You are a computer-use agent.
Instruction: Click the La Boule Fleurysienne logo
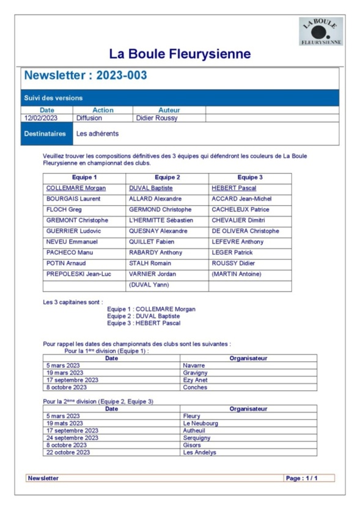coord(320,31)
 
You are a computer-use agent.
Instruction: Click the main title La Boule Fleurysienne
coord(180,54)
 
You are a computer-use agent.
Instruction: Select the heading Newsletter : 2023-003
coord(86,76)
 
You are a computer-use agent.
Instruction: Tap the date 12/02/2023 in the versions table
coord(41,118)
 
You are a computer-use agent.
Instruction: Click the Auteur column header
coord(169,110)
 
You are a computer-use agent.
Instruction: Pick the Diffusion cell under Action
coord(89,118)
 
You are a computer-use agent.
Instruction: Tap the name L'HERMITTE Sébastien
coord(161,220)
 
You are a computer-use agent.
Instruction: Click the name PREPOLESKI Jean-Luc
coord(79,274)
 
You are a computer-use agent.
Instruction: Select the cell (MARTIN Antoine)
coord(237,274)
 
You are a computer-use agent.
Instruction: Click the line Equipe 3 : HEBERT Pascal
coord(144,323)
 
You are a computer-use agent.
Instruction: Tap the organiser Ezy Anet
coord(196,379)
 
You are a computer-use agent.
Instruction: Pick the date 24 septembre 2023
coord(72,438)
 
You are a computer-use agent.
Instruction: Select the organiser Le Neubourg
coord(200,423)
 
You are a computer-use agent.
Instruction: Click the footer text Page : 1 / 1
coord(303,478)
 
